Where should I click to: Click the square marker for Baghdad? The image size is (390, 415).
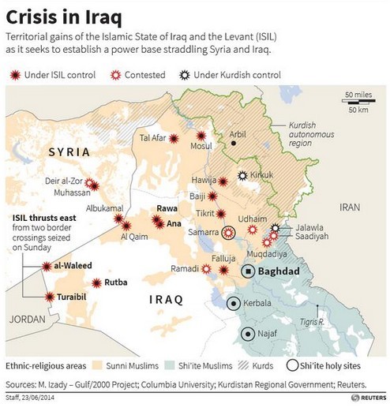(248, 271)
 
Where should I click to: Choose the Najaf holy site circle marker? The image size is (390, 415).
(249, 334)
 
